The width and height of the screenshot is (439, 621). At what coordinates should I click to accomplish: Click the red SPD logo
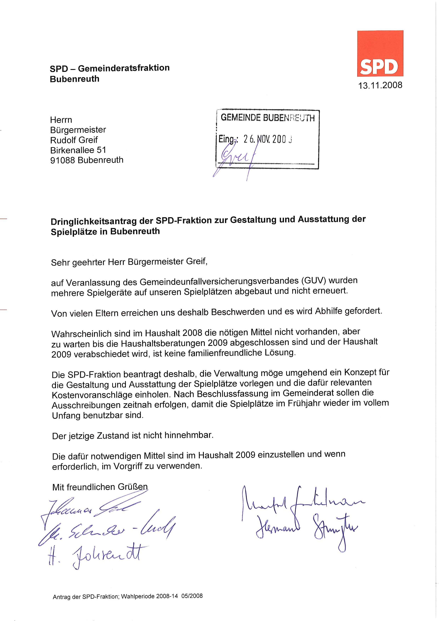pyautogui.click(x=380, y=54)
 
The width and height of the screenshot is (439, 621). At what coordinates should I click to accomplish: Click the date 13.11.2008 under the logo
pyautogui.click(x=380, y=86)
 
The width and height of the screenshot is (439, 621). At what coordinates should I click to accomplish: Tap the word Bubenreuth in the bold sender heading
pyautogui.click(x=75, y=79)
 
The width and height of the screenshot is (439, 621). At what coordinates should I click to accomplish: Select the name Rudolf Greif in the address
pyautogui.click(x=74, y=140)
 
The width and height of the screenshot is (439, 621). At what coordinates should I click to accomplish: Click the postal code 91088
pyautogui.click(x=63, y=160)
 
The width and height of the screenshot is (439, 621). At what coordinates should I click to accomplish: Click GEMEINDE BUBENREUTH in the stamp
pyautogui.click(x=267, y=118)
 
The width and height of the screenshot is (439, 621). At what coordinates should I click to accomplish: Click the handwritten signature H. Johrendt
pyautogui.click(x=95, y=556)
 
